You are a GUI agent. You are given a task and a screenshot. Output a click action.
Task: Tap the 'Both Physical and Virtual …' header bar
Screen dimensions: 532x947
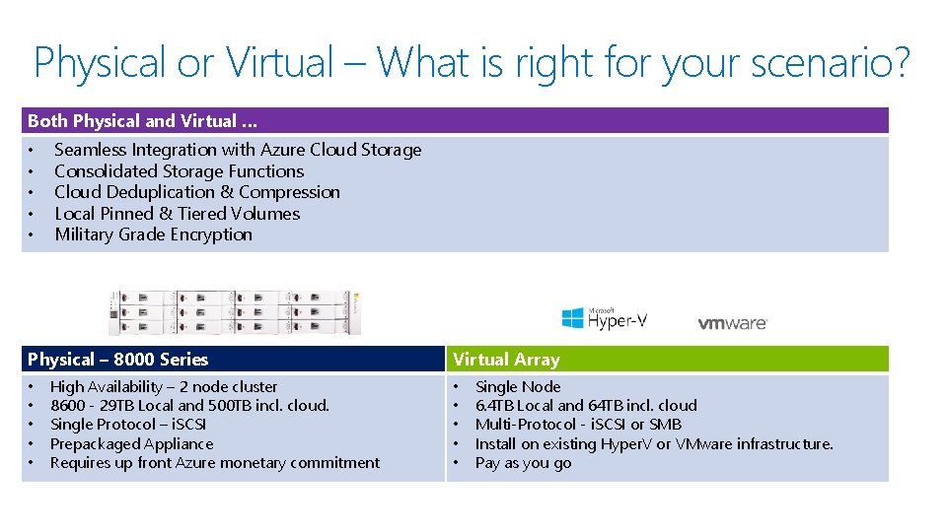454,121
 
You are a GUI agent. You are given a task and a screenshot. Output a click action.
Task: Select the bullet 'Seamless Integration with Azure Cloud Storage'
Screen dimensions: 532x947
238,150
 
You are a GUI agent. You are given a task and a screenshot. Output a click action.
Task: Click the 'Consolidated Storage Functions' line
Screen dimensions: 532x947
179,171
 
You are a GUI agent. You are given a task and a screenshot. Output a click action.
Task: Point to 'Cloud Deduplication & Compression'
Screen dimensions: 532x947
197,192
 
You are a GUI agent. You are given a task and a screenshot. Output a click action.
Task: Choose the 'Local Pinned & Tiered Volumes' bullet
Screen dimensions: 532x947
177,214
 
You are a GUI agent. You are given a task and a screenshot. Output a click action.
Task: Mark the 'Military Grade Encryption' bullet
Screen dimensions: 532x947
153,234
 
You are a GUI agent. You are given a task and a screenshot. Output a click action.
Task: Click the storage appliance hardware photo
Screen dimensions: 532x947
234,312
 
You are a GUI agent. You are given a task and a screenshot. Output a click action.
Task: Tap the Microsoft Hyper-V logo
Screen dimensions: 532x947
604,317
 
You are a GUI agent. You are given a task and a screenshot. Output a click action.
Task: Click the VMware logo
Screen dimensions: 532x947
732,323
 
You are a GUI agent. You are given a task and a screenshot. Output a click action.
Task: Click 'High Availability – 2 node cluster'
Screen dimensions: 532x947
164,387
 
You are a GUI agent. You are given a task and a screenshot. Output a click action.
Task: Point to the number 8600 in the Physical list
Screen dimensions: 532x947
68,406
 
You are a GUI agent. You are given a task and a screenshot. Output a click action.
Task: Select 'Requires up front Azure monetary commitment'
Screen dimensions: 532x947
214,463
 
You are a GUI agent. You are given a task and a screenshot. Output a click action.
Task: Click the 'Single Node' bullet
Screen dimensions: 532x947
518,387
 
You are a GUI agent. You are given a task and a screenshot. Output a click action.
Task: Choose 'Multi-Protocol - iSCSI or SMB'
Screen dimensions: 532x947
578,425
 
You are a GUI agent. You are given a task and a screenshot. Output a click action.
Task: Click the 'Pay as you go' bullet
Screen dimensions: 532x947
523,463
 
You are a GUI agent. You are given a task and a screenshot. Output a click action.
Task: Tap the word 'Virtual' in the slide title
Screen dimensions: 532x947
281,63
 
